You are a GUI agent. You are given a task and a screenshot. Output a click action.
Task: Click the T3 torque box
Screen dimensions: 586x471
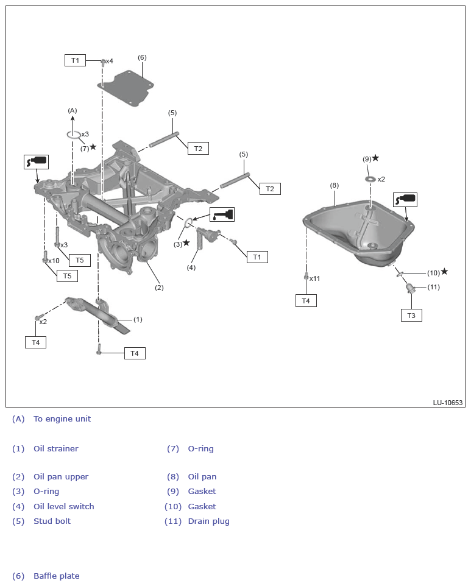click(411, 315)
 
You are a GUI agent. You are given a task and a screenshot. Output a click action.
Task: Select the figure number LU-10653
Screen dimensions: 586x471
click(448, 403)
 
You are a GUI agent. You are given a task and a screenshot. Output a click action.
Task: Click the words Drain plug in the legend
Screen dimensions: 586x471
click(208, 521)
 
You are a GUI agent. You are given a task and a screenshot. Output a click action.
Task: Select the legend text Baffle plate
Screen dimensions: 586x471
click(56, 576)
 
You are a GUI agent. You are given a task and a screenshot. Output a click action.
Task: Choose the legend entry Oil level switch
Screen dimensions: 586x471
click(63, 506)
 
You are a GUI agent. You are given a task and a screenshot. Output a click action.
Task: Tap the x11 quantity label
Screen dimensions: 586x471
click(314, 278)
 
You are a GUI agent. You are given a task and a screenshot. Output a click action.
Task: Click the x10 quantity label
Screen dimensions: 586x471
click(54, 261)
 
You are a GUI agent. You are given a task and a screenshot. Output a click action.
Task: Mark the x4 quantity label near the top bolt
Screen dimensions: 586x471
click(109, 61)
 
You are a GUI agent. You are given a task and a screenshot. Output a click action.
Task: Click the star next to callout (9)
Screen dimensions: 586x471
click(375, 158)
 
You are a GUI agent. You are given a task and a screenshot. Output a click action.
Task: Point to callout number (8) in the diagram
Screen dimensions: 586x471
click(334, 185)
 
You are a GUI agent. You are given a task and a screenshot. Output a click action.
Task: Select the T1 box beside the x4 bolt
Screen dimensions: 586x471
click(75, 60)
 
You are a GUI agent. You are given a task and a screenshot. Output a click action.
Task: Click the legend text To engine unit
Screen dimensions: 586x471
click(62, 418)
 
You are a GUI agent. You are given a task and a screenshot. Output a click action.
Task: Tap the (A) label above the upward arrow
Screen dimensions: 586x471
click(73, 110)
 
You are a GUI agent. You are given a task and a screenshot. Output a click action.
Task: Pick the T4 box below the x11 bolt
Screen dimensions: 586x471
click(306, 300)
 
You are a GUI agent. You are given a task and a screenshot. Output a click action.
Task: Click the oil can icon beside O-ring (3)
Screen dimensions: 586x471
click(222, 214)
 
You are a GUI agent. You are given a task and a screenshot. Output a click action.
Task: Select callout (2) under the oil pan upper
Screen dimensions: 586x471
click(159, 288)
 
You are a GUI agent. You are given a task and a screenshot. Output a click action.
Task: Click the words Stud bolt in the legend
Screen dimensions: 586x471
click(52, 521)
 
